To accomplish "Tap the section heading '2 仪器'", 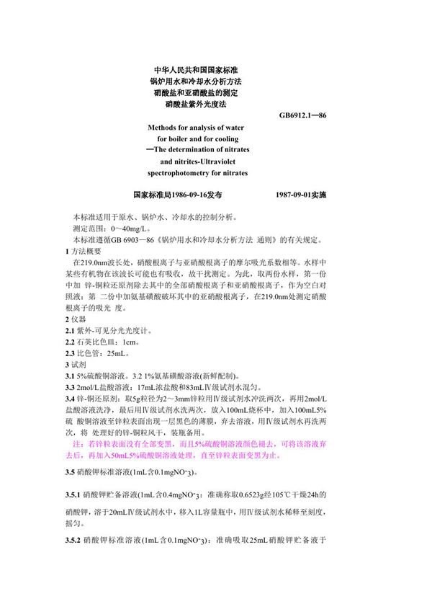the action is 76,318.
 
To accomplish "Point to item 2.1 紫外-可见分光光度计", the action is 109,329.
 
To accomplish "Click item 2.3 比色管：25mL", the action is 98,352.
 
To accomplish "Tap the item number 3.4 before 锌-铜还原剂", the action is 71,399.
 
